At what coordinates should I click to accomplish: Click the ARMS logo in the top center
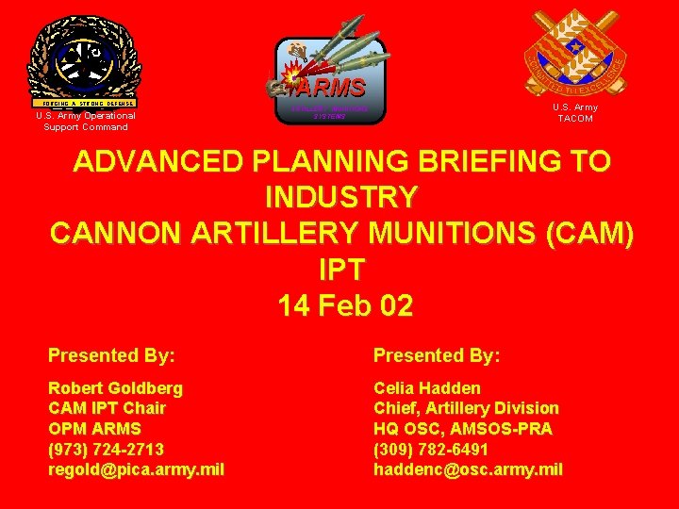click(x=329, y=79)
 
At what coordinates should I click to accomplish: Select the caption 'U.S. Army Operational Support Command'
click(x=85, y=122)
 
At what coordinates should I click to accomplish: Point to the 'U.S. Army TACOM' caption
click(x=574, y=113)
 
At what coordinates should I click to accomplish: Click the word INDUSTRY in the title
click(x=341, y=198)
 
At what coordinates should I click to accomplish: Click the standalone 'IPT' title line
click(x=341, y=270)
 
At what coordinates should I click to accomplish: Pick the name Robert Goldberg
click(x=116, y=387)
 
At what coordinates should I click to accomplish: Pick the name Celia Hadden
click(x=427, y=387)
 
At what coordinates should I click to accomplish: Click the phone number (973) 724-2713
click(x=107, y=449)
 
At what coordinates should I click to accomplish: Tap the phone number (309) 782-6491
click(x=431, y=449)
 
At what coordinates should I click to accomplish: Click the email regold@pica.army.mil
click(x=137, y=469)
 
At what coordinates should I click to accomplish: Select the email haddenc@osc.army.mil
click(x=468, y=469)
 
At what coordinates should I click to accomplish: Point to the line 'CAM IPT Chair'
click(x=107, y=408)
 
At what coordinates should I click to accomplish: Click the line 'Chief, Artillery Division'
click(x=466, y=408)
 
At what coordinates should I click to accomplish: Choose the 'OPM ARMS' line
click(x=93, y=429)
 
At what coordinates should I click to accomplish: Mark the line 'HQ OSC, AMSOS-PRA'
click(x=462, y=429)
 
